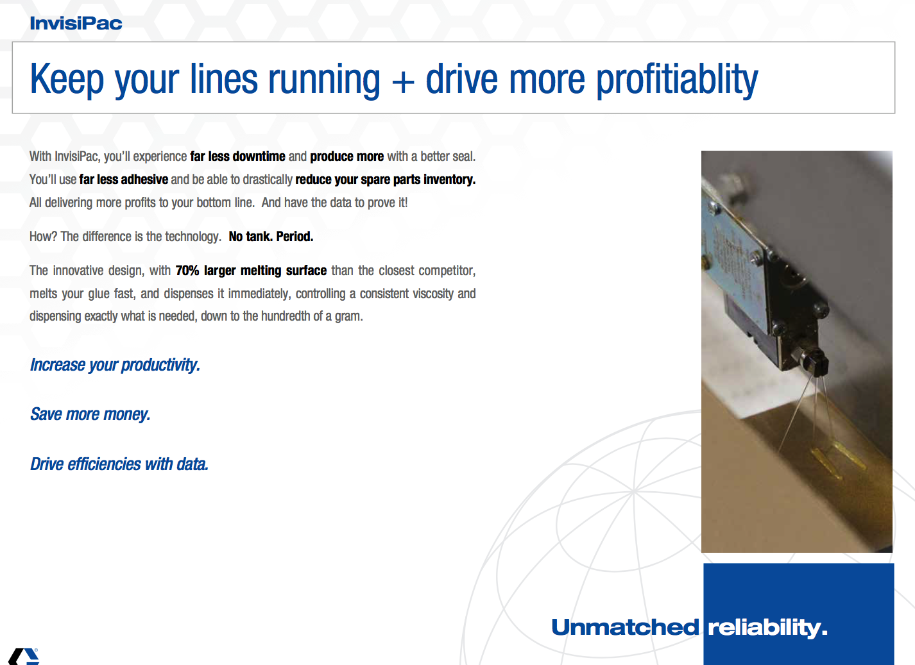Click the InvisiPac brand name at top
click(76, 23)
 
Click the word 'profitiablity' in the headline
click(677, 80)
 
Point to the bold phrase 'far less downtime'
click(238, 156)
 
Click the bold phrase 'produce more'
click(346, 156)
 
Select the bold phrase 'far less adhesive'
click(124, 179)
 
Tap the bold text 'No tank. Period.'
click(271, 237)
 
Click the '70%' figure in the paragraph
click(187, 270)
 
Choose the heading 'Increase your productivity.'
click(115, 365)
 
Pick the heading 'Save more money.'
click(90, 414)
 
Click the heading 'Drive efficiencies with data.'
click(119, 464)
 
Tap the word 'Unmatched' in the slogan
click(625, 627)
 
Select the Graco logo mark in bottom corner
click(24, 657)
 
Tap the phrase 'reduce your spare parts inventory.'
click(386, 180)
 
